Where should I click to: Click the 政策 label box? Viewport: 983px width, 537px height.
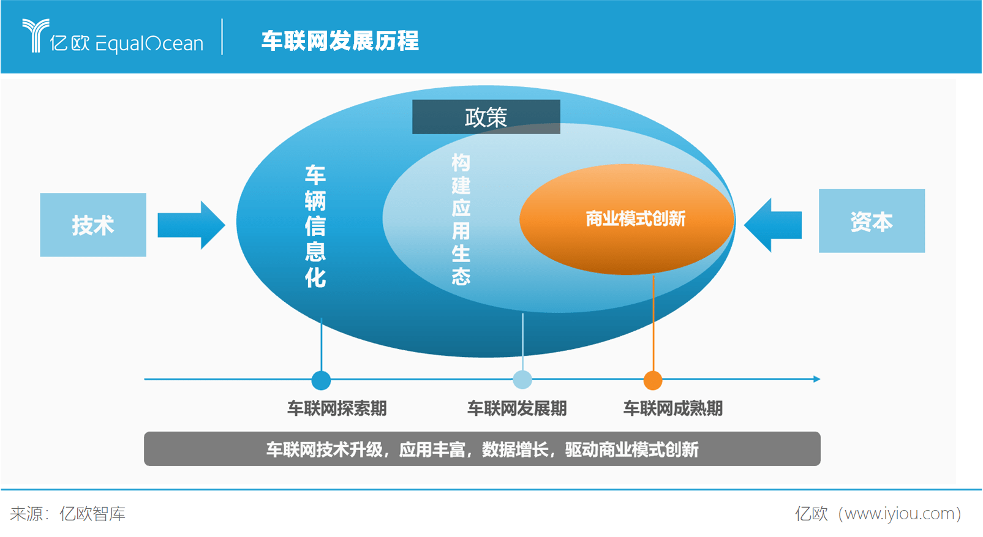[x=486, y=117]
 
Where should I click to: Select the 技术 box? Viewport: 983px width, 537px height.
[x=93, y=225]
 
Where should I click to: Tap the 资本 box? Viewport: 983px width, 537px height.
[x=872, y=220]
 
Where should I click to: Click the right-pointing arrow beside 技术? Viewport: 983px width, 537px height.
[x=191, y=225]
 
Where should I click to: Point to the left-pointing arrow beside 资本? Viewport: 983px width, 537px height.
[x=773, y=225]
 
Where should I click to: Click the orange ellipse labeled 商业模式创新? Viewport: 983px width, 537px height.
[x=627, y=219]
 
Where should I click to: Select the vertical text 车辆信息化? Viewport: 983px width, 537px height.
[x=315, y=227]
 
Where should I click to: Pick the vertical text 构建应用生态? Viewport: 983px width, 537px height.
[x=461, y=219]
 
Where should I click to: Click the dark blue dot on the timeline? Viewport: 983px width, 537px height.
[x=321, y=380]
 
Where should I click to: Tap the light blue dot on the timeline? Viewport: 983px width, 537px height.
[x=522, y=380]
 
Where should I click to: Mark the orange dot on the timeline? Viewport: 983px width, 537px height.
[x=653, y=380]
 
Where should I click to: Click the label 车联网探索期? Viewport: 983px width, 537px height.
[x=337, y=408]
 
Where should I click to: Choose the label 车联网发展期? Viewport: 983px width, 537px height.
[x=517, y=408]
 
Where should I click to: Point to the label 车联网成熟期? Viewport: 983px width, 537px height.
[x=673, y=408]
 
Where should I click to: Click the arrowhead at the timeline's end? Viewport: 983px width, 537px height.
[x=817, y=379]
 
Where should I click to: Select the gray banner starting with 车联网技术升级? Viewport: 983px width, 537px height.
[x=482, y=449]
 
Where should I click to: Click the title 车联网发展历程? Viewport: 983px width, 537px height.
[x=340, y=41]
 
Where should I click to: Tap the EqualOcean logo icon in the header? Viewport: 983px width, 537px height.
[x=36, y=36]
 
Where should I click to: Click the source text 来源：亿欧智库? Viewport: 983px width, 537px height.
[x=68, y=514]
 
